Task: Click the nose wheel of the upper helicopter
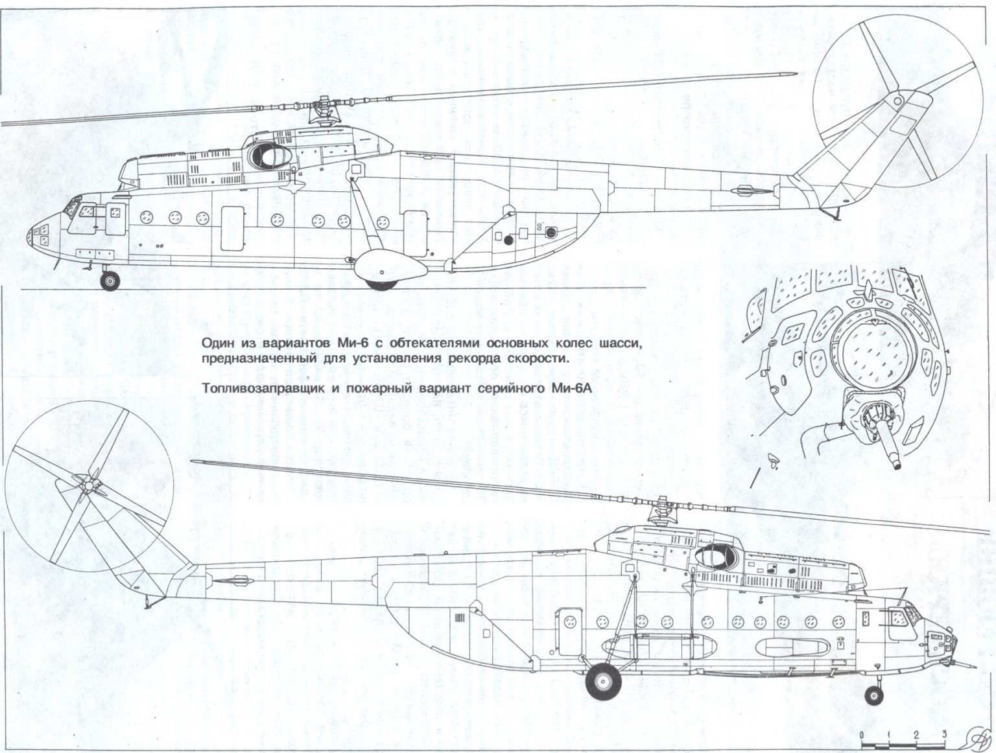click(x=111, y=281)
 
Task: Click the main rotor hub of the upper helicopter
click(x=321, y=110)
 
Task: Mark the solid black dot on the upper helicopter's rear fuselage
click(x=508, y=240)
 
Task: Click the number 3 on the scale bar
click(x=945, y=734)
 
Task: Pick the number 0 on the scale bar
click(x=860, y=734)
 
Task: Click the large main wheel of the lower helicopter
click(x=603, y=681)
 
